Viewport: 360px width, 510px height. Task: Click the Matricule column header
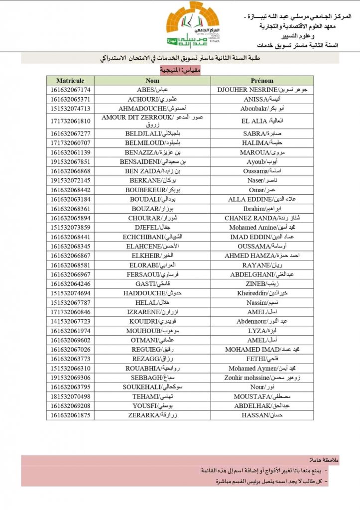70,80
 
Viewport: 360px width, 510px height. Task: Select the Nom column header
152,80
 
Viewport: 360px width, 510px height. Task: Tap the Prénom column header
262,80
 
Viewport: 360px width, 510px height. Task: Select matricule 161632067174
70,90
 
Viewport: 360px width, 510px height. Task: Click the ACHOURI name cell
152,99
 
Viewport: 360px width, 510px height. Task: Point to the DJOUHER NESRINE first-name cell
262,90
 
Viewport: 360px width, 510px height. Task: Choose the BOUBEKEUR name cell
152,190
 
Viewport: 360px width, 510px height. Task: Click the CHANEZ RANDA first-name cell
262,218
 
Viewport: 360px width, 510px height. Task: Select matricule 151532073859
70,228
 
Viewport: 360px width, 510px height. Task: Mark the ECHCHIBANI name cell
152,237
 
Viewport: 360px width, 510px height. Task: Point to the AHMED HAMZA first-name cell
262,255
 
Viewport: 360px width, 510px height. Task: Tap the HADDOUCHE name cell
152,293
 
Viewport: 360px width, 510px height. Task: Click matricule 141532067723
70,321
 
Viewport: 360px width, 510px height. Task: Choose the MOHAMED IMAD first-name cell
262,350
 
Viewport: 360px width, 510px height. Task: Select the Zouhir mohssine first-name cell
262,378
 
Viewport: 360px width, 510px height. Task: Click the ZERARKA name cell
152,415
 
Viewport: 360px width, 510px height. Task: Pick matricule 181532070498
70,396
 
